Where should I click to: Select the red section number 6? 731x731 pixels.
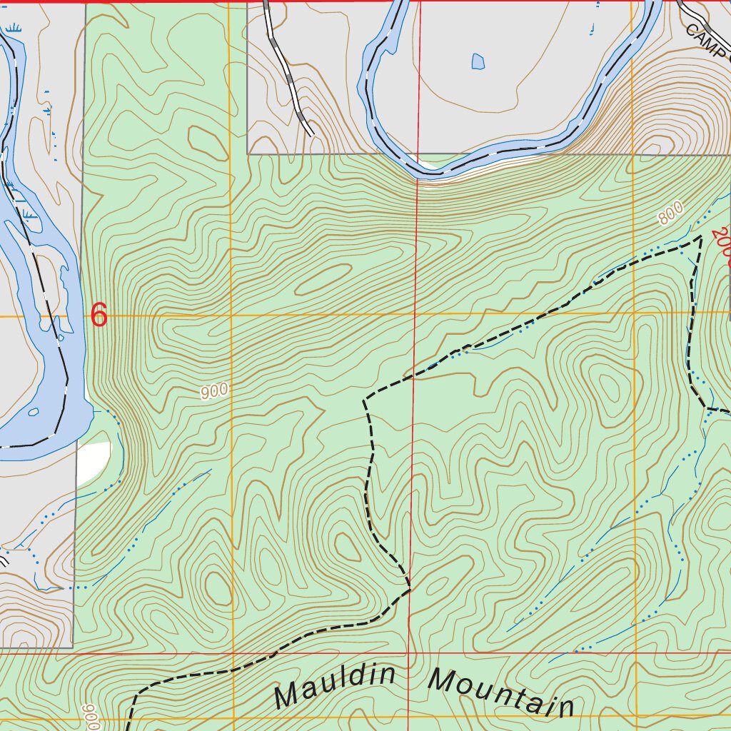pos(99,315)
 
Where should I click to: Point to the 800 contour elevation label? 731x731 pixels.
pos(670,213)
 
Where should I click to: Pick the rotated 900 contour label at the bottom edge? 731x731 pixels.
pos(90,716)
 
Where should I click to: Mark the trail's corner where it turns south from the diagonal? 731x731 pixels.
pos(365,398)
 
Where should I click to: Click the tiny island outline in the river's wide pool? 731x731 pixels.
pos(33,412)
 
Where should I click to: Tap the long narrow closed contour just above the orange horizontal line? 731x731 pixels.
pos(323,279)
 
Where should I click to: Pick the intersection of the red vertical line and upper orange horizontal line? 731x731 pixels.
pos(416,314)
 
